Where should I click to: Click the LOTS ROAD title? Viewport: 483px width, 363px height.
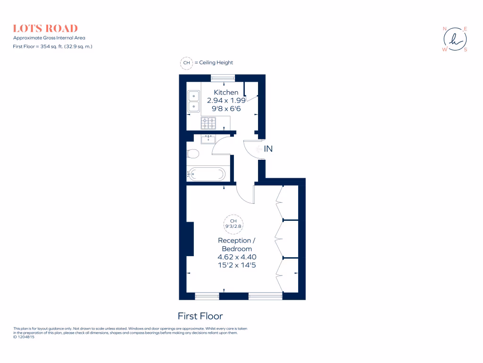[45, 28]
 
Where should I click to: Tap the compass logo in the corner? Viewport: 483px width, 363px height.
[455, 38]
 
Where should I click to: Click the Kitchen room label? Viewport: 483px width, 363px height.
[226, 92]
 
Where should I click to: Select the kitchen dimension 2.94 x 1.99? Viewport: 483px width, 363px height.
[226, 100]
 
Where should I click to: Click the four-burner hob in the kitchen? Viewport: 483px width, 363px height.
[208, 123]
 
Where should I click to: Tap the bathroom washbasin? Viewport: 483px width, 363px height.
[208, 138]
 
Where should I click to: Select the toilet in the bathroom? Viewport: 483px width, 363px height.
[192, 154]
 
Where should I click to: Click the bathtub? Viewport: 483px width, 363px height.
[206, 174]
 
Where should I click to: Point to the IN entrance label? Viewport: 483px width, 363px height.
[268, 149]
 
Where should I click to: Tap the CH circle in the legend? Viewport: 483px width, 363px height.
[186, 62]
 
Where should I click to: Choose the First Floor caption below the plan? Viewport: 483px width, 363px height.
[200, 316]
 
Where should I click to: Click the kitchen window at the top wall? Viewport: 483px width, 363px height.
[223, 78]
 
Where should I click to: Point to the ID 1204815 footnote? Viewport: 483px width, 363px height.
[24, 337]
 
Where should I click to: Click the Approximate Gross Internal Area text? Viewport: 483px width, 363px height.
[49, 38]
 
